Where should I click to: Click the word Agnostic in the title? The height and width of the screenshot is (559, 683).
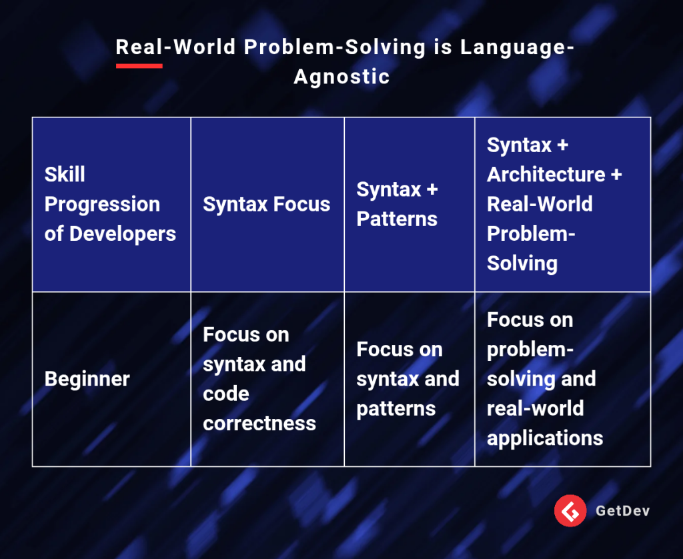tap(341, 77)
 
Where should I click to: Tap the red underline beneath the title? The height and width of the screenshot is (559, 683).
tap(139, 66)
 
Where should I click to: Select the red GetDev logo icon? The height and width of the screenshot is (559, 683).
tap(570, 510)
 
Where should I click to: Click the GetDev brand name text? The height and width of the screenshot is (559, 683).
tap(622, 510)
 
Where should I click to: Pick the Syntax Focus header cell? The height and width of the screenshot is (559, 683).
tap(267, 204)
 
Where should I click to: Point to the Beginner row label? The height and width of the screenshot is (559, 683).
tap(87, 379)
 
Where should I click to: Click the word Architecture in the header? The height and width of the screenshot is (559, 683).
tap(546, 174)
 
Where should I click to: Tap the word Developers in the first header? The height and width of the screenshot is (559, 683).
tap(123, 233)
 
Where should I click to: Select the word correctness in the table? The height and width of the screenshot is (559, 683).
tap(259, 424)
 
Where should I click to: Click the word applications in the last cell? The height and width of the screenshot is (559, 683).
tap(545, 438)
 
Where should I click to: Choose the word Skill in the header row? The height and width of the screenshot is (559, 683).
tap(65, 174)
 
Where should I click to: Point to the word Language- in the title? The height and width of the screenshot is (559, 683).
tap(518, 47)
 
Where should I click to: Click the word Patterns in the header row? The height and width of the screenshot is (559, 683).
tap(397, 219)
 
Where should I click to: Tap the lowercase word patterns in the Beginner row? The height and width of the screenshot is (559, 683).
tap(396, 409)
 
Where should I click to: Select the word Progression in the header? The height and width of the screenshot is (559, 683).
tap(102, 204)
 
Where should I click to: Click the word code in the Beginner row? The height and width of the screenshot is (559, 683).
tap(226, 394)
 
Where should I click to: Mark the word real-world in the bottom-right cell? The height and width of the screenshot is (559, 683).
tap(536, 408)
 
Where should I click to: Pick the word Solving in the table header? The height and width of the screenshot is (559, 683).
tap(522, 263)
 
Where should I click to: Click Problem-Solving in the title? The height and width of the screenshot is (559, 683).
tap(335, 47)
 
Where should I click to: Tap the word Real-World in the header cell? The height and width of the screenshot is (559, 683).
tap(540, 203)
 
